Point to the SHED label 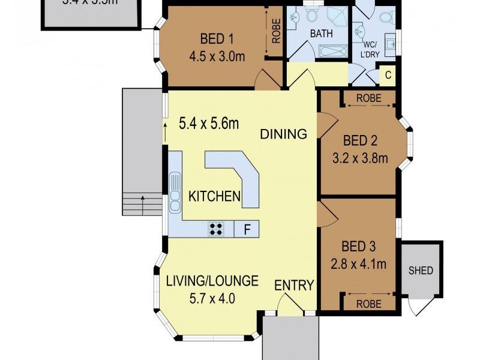(x=421, y=271)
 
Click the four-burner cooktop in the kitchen (x=217, y=228)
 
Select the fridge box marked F (x=246, y=228)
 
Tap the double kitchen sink (x=175, y=193)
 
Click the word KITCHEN (x=215, y=196)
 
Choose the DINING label (x=283, y=134)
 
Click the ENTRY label (x=294, y=286)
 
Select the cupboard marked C (x=388, y=76)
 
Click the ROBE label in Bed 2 (x=368, y=98)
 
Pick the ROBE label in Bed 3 (x=368, y=304)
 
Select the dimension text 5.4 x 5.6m (x=209, y=124)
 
